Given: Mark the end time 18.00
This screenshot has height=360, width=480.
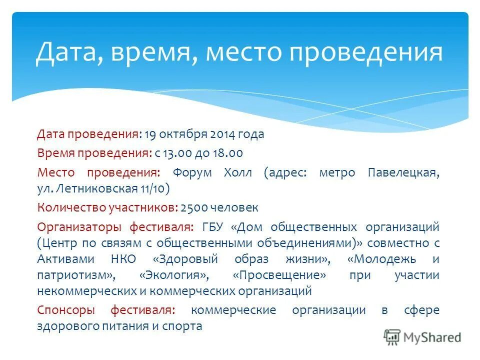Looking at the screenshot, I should click(228, 153).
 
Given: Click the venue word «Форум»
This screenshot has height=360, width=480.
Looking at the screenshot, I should click(192, 173).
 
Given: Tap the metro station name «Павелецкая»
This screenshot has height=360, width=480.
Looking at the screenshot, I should click(403, 173).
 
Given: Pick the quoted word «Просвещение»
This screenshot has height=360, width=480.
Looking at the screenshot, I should click(281, 275).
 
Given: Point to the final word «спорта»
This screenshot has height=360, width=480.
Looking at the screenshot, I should click(185, 326).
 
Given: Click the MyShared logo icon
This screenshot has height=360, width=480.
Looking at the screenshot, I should click(391, 337).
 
